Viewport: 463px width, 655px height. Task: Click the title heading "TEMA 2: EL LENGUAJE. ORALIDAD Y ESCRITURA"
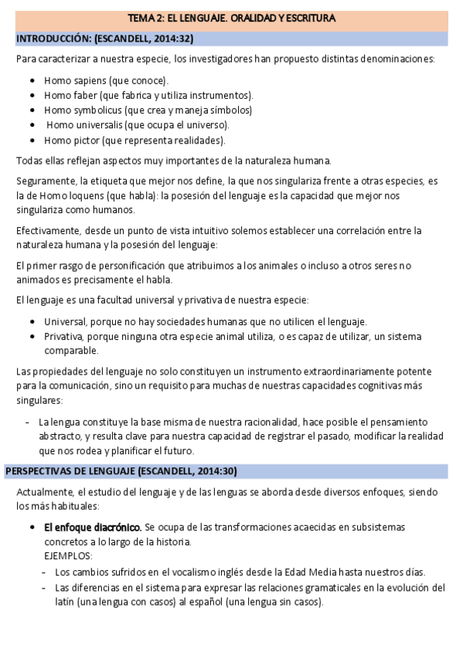231,18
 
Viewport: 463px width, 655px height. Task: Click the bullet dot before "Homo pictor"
32,141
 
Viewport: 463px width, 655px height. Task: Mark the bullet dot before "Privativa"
32,336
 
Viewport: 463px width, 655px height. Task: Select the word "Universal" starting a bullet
65,321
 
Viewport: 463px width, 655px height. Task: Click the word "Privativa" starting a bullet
65,336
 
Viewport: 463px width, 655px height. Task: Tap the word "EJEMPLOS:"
68,556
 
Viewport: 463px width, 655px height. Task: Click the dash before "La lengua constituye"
28,423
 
